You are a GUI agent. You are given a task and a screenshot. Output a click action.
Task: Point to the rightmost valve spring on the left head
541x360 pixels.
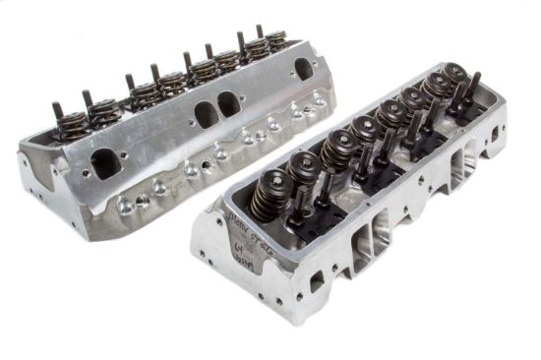click(x=277, y=40)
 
